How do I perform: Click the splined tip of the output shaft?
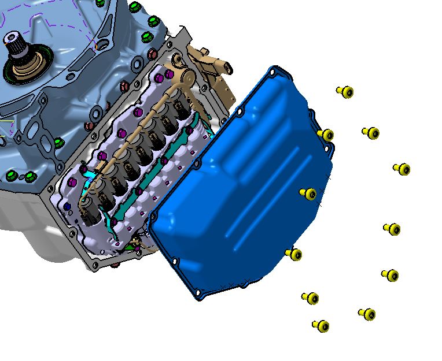click(12, 40)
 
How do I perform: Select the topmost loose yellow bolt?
click(345, 92)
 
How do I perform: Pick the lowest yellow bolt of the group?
click(321, 326)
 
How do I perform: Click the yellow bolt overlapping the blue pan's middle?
click(308, 193)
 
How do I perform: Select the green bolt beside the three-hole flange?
click(57, 142)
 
